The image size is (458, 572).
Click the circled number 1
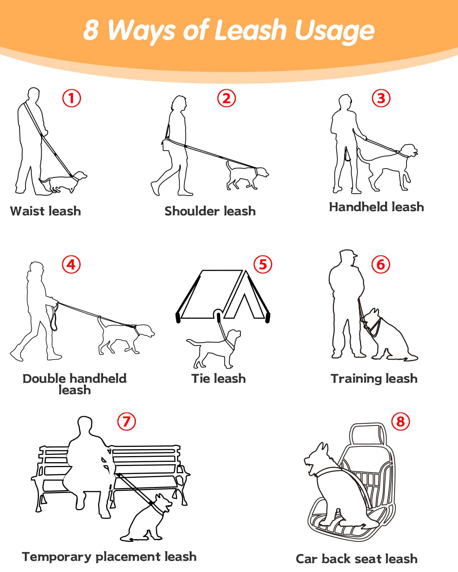point(71,98)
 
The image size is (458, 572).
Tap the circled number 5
point(263,265)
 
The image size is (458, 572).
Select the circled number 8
point(400,421)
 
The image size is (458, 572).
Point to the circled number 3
point(381,98)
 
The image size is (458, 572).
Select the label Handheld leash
point(376,207)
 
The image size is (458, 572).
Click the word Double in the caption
point(44,379)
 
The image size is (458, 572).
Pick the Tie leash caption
point(218,379)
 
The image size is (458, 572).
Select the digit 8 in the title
point(91,30)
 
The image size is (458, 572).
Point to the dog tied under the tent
point(214,349)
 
